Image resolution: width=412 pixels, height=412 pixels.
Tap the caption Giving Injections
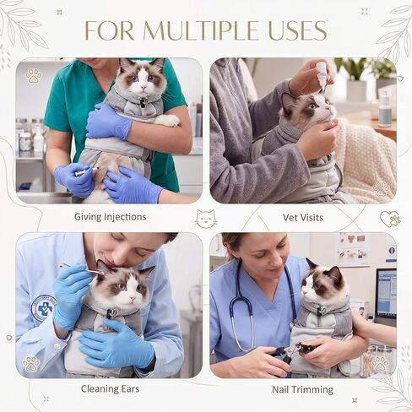111,217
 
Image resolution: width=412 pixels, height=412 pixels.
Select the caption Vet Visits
303,218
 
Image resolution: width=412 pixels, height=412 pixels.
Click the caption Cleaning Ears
111,389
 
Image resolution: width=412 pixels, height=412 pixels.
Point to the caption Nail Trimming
302,390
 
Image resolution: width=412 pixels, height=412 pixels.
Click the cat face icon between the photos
206,219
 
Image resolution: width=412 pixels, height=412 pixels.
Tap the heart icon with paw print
391,220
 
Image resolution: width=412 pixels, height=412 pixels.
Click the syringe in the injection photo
84,172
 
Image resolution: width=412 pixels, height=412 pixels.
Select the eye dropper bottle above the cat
322,76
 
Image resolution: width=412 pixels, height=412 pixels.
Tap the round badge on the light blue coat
43,308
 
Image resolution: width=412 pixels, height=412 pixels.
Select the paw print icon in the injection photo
34,76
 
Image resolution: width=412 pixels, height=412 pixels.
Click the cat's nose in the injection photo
144,89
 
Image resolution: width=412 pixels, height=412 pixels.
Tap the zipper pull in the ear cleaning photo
112,314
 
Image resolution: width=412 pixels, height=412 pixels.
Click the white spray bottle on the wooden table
384,109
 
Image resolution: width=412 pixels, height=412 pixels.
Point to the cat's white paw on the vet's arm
168,120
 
